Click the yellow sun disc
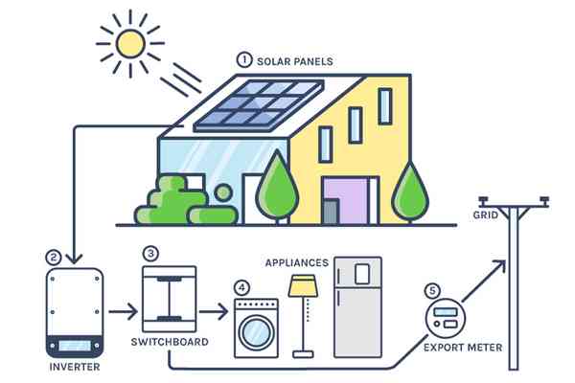(x=130, y=44)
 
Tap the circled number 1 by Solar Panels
(x=244, y=59)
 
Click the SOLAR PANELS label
(x=295, y=61)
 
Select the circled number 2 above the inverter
(x=54, y=258)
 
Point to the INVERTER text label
(x=75, y=367)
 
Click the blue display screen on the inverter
(x=75, y=346)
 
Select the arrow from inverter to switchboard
(x=123, y=312)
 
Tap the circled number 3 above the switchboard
(x=150, y=254)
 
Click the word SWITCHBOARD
(x=170, y=342)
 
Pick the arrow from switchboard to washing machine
(x=214, y=312)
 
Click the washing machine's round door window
(x=256, y=333)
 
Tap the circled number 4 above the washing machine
(x=242, y=287)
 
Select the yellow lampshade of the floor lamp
(x=303, y=285)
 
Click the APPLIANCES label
(x=297, y=262)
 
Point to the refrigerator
(x=357, y=307)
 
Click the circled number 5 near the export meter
(x=433, y=291)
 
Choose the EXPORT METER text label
(x=463, y=347)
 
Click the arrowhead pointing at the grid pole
(x=500, y=265)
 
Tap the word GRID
(x=486, y=214)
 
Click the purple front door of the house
(x=346, y=201)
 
